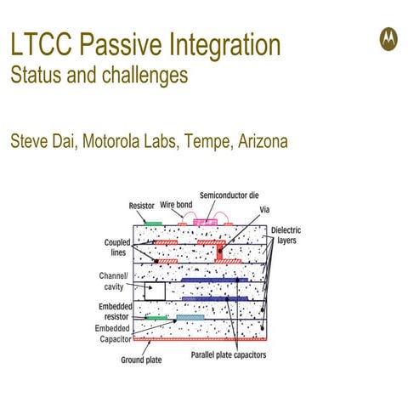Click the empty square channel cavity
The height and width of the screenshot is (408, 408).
[x=153, y=290]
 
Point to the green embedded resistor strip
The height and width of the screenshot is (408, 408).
[x=156, y=318]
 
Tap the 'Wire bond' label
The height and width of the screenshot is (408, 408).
[x=177, y=205]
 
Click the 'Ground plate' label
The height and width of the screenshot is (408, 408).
[x=140, y=359]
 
